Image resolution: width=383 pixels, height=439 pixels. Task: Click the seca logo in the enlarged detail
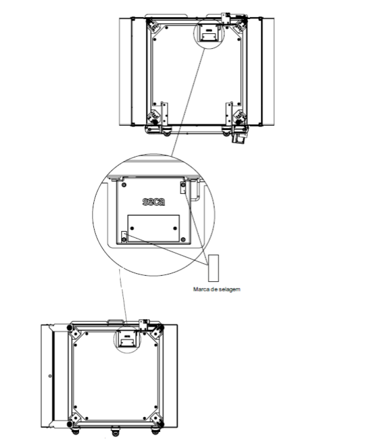154,202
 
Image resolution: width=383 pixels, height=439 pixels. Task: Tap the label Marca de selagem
217,289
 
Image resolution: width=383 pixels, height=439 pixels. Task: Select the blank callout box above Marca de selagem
214,268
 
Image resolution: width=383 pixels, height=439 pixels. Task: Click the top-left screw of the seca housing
124,185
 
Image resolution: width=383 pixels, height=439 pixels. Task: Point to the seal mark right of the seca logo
183,187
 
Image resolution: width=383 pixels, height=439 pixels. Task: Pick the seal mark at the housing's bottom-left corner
124,237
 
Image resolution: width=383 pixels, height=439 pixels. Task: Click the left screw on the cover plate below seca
132,228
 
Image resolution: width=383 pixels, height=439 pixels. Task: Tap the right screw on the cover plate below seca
175,228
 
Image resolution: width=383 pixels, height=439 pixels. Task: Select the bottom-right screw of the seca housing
183,239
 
